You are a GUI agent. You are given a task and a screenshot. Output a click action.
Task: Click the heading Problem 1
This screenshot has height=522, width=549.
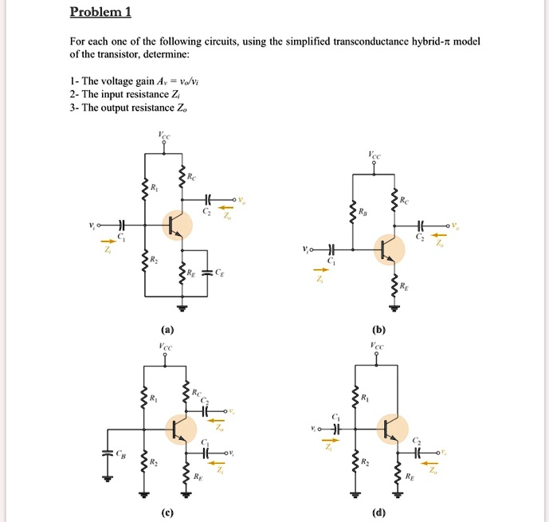tap(100, 12)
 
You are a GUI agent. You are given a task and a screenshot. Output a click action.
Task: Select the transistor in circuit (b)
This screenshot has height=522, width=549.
tap(388, 249)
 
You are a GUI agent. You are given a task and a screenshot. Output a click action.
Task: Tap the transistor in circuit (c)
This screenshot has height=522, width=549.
tap(182, 430)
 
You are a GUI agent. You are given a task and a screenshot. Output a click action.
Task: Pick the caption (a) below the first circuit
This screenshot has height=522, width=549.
tap(165, 329)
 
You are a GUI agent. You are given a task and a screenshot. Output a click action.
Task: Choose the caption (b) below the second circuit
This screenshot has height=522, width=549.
tap(378, 329)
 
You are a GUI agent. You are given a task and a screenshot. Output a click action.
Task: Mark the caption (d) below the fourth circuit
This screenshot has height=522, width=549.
tap(378, 512)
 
